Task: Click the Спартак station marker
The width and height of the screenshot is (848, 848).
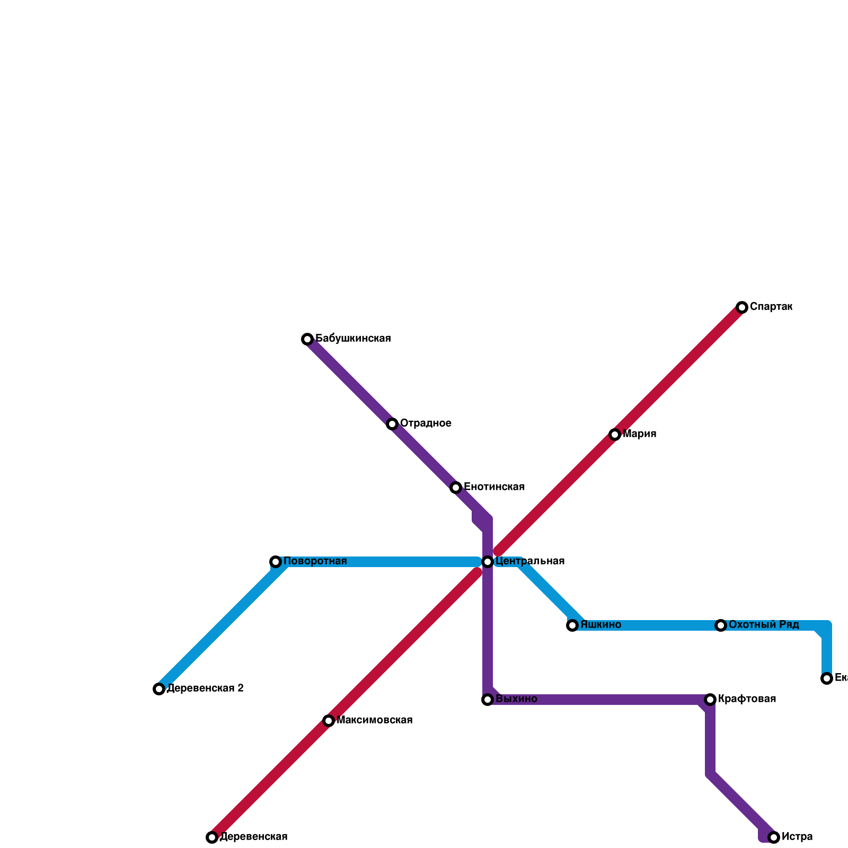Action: (742, 307)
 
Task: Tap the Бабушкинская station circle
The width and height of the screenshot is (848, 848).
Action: (307, 339)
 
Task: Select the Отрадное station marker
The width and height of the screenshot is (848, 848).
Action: (392, 424)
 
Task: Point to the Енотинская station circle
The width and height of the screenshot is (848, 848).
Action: (456, 488)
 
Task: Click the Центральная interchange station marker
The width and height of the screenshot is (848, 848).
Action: (488, 562)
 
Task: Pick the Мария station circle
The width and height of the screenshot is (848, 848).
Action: (615, 435)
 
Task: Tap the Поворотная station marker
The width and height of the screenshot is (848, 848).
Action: (276, 562)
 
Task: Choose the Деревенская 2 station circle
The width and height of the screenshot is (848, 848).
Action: (159, 689)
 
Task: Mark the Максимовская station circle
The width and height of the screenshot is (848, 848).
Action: (329, 721)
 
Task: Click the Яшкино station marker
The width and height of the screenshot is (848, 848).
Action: (572, 625)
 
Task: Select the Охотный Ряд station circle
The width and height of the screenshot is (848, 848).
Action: (721, 625)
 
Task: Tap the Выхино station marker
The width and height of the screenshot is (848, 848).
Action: (488, 700)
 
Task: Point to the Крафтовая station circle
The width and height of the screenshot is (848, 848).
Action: (710, 700)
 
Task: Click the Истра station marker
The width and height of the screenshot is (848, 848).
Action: (774, 837)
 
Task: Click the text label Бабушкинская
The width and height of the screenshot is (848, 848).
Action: (353, 339)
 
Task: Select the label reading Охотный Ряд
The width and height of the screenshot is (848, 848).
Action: (764, 625)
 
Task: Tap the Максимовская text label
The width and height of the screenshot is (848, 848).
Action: (374, 720)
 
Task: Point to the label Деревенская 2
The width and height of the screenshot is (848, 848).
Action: (205, 688)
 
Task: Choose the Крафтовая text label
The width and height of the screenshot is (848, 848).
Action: (747, 699)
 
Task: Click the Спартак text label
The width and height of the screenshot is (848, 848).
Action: (771, 307)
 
